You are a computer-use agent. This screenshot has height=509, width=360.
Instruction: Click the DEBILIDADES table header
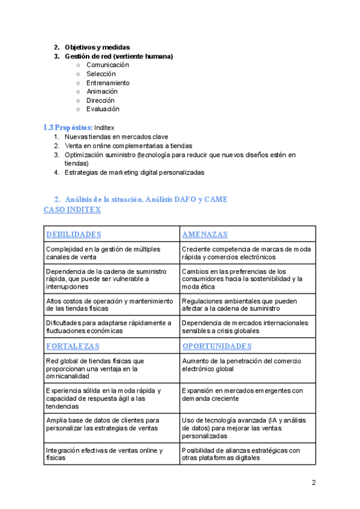(74, 234)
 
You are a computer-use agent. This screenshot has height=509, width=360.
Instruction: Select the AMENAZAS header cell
(205, 234)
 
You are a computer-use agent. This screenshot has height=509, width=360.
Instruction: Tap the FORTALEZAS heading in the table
(73, 346)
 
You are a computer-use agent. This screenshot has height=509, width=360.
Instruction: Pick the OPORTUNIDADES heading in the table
(217, 346)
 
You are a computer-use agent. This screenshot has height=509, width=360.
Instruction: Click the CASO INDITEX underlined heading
(73, 210)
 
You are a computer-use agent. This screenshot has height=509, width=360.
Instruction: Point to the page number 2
(313, 483)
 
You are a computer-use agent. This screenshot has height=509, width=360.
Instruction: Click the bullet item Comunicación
(107, 65)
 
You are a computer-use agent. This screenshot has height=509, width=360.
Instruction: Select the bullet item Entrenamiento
(108, 83)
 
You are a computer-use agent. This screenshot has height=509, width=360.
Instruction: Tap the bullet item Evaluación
(103, 109)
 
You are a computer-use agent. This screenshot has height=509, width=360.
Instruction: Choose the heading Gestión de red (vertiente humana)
(119, 56)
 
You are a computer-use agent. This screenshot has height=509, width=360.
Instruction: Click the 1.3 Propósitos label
(68, 128)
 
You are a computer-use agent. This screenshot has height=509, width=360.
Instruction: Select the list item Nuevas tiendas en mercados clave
(116, 137)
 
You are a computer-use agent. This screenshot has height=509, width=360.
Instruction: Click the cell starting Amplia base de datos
(103, 424)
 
